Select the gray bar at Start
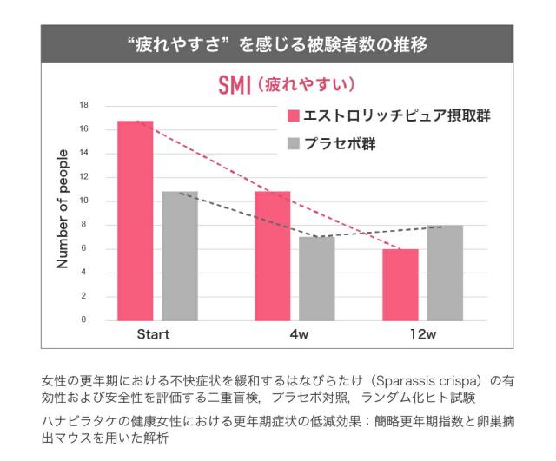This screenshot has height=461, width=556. [180, 256]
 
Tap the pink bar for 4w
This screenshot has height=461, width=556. [272, 256]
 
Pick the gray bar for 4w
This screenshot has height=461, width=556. [316, 279]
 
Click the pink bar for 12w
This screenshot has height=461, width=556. [400, 285]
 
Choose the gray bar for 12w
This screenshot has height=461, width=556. [445, 273]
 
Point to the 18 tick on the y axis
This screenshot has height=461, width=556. [84, 105]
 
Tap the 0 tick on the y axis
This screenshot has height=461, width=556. [84, 320]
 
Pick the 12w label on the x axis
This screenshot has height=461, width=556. [423, 335]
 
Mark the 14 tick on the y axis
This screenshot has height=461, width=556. [84, 153]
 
